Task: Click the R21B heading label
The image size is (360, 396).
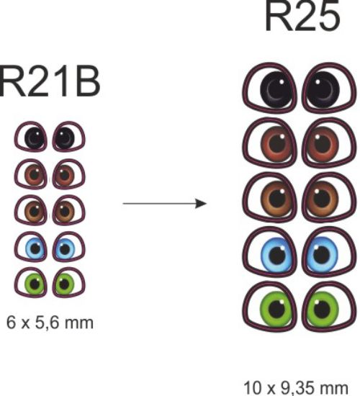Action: (x=50, y=82)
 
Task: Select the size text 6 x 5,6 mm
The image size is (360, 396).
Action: (x=50, y=323)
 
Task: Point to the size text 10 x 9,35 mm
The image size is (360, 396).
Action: (x=296, y=388)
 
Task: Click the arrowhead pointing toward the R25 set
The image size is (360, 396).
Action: (x=202, y=203)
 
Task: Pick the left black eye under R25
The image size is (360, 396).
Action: (x=269, y=88)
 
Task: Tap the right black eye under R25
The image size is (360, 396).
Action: (x=329, y=88)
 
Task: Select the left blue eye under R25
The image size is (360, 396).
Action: (x=269, y=252)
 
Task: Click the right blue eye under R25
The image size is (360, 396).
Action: (x=329, y=252)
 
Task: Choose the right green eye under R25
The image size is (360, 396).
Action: (x=329, y=307)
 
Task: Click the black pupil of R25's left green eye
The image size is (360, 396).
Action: (x=277, y=309)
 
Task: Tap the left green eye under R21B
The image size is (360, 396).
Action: (x=30, y=282)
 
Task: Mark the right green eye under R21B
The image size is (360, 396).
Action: (x=68, y=282)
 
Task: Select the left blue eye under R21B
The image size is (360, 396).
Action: (x=30, y=246)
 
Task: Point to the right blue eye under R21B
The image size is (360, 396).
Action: (x=68, y=246)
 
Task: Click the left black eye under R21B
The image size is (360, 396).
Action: (x=30, y=137)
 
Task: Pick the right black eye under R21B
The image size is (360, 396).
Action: (x=68, y=137)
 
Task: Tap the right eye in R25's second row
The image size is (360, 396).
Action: (x=329, y=143)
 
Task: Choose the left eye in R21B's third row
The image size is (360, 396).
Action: (x=30, y=210)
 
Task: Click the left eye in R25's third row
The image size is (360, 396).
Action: (x=269, y=197)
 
